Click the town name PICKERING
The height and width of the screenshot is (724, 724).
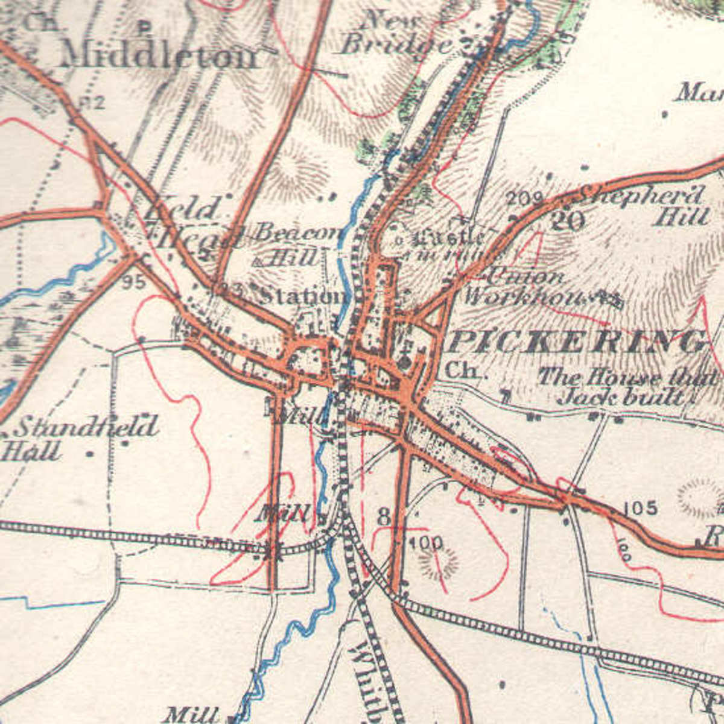(576, 342)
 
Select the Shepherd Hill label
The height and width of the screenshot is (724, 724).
(649, 205)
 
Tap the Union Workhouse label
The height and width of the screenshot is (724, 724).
(525, 287)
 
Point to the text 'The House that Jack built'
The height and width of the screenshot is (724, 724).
(627, 386)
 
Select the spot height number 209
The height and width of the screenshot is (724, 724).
(524, 198)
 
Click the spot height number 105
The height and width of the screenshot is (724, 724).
(640, 508)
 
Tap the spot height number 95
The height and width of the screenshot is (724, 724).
(133, 282)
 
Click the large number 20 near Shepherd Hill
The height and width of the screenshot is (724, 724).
(567, 221)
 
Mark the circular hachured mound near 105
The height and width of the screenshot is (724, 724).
(700, 498)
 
